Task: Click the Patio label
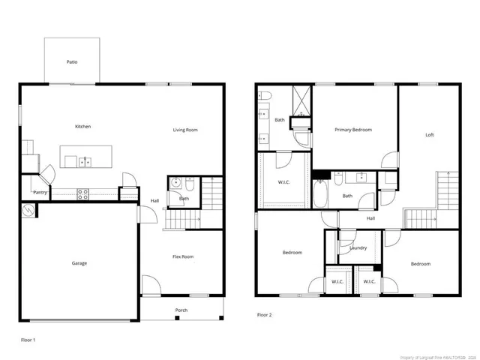click(72, 62)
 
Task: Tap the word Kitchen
click(82, 127)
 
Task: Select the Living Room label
click(185, 130)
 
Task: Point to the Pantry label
click(40, 193)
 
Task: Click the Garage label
click(79, 263)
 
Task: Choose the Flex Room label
click(183, 257)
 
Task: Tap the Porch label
click(181, 310)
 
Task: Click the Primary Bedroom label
click(353, 130)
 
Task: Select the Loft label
click(430, 135)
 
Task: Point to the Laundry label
click(358, 247)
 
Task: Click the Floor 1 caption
click(28, 340)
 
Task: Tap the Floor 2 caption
click(264, 315)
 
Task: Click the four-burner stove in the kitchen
click(82, 193)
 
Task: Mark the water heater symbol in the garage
click(28, 211)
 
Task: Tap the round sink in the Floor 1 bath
click(175, 181)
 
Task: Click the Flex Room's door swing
click(150, 286)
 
